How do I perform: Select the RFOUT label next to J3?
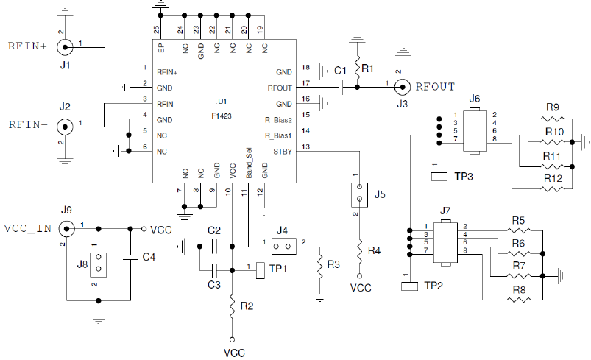[x=435, y=86]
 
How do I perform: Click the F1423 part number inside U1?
[x=222, y=116]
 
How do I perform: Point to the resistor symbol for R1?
[x=357, y=68]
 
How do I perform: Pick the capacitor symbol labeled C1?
[x=341, y=88]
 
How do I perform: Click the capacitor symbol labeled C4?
[x=132, y=257]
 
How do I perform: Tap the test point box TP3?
[x=439, y=176]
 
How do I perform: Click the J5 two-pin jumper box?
[x=359, y=194]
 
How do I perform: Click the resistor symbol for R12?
[x=553, y=188]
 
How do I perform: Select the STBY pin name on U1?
[x=281, y=152]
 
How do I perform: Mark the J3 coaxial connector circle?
[x=402, y=87]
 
